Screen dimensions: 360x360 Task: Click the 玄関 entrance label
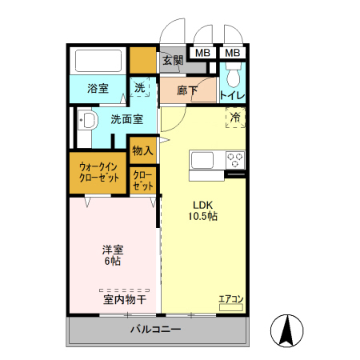173,60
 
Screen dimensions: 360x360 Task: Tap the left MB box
202,53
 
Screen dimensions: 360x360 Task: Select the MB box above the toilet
232,53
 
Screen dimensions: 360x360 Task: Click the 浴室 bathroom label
98,89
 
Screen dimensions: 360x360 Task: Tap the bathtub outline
98,61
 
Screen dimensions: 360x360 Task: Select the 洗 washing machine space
140,88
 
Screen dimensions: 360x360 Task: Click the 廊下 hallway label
188,90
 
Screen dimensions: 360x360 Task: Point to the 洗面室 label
127,120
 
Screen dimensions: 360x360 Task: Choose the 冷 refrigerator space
235,118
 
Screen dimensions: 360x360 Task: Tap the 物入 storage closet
142,150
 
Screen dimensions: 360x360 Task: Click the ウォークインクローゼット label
98,173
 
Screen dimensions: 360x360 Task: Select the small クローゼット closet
143,180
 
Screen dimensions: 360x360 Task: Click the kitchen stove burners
235,158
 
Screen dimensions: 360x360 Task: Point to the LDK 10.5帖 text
203,210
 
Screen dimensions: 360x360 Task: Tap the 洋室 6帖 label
111,254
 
